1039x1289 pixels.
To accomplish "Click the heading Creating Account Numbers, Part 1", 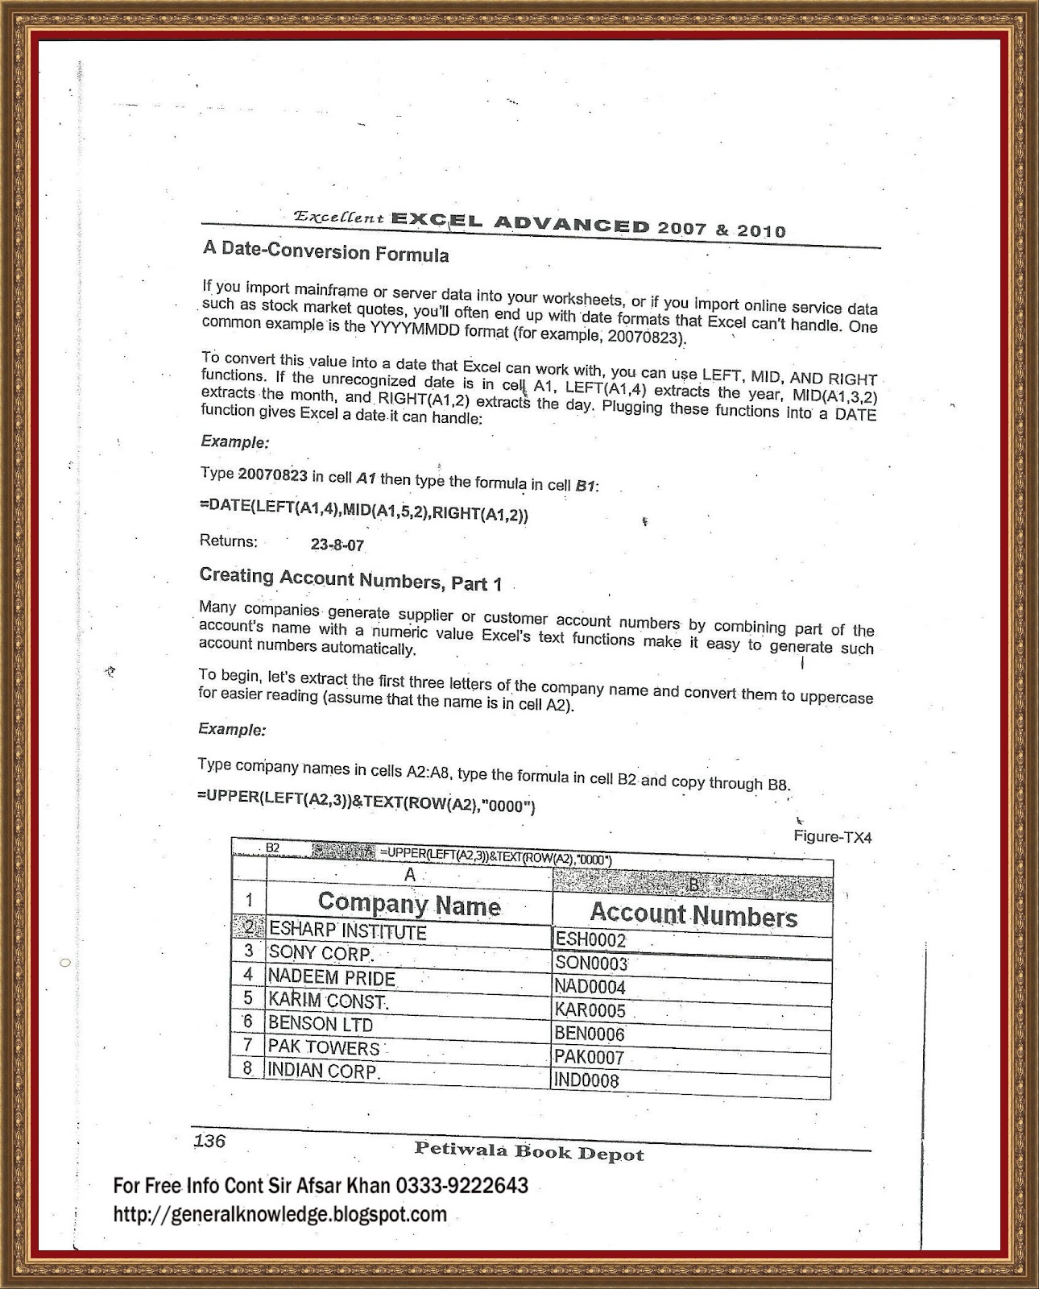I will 350,578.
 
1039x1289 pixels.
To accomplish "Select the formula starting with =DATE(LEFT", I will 363,510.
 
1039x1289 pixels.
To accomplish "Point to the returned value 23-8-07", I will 337,545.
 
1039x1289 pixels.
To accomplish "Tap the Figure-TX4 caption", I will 832,837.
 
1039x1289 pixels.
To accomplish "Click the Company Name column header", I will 409,905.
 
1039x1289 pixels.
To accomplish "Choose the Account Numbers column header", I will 693,915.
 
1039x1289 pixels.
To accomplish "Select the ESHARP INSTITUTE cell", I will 347,931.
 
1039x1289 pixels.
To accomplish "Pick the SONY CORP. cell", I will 321,954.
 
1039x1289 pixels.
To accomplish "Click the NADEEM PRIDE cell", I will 332,978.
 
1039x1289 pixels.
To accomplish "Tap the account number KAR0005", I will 590,1010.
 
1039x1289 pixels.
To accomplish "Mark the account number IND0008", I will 586,1080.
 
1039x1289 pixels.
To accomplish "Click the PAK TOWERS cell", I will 324,1047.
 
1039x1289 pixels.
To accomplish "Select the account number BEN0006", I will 590,1034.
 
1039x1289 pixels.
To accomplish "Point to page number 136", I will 209,1141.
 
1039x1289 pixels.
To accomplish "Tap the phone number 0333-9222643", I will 461,1185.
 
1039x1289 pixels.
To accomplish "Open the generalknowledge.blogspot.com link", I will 279,1213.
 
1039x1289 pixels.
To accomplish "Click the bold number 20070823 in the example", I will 272,475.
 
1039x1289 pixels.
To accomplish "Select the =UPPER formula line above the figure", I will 366,801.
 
